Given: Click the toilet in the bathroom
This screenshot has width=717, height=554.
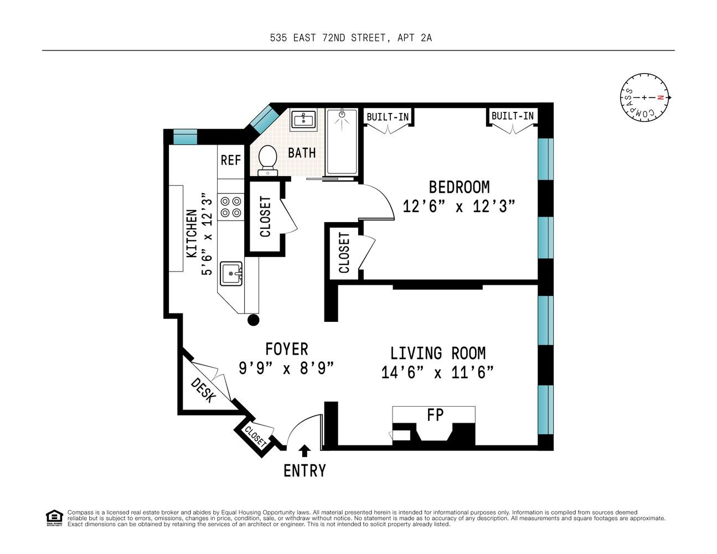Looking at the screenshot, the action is (267, 161).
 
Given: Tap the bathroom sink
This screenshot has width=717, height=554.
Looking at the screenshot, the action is (303, 119).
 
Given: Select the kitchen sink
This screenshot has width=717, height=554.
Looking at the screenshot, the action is (231, 274).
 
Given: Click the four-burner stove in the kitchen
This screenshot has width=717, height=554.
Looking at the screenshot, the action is (231, 207).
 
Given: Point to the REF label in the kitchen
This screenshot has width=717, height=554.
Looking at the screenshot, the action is (231, 161).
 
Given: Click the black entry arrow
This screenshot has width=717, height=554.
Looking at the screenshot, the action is (304, 450).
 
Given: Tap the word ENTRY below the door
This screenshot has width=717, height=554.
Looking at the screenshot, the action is (305, 470).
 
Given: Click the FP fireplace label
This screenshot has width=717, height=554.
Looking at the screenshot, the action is (435, 415).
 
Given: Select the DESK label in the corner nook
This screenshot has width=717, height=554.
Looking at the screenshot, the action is (204, 391).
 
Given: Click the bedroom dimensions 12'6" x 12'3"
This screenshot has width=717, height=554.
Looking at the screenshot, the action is (458, 206).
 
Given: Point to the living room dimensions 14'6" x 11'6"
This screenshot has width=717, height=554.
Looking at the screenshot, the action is (437, 372).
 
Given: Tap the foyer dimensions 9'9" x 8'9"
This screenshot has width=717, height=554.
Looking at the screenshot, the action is (286, 368).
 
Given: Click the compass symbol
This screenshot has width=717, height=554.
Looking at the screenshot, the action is (645, 98).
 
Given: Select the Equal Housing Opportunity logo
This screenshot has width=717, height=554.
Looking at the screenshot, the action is (54, 519).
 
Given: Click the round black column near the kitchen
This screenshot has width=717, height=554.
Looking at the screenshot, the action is (254, 320).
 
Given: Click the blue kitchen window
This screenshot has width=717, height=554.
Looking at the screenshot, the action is (185, 137).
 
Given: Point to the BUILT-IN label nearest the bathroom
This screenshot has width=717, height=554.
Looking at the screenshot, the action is (388, 117).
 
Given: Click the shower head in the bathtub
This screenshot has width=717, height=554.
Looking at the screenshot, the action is (342, 114).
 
